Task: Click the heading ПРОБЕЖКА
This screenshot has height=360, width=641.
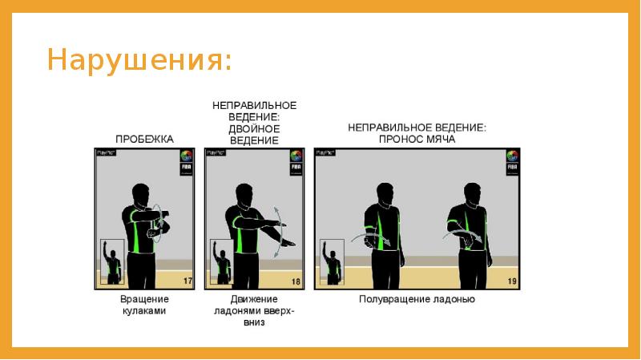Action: coord(143,139)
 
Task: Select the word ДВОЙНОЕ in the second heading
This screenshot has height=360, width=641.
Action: coord(254,127)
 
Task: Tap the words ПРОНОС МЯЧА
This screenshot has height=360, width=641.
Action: coord(417,139)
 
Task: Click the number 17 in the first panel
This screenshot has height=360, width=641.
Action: coord(187,281)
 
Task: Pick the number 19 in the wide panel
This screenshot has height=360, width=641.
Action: coord(511,281)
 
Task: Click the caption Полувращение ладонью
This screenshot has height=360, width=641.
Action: coord(417,300)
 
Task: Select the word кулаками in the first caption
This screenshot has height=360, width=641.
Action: coord(143,311)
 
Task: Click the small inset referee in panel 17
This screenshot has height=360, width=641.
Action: coord(111,262)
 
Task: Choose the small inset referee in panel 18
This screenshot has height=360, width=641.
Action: coord(220,262)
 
